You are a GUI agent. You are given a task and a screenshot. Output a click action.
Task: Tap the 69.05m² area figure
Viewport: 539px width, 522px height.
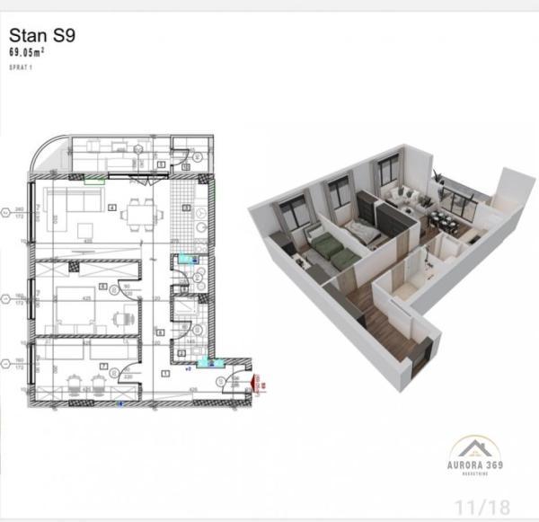(x=27, y=53)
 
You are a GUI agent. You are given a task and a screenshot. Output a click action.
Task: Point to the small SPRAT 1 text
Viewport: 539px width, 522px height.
(x=21, y=67)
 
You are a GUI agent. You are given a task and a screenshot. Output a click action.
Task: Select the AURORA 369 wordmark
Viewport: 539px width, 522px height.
(x=476, y=464)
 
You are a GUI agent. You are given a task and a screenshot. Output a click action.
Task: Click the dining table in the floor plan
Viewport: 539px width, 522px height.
(x=138, y=212)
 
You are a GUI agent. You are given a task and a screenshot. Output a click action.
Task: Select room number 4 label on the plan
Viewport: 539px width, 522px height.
(x=112, y=208)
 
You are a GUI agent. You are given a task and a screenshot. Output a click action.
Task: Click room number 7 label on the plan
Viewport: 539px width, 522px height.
(x=105, y=366)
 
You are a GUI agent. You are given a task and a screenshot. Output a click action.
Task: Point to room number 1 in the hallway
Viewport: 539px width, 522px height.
(x=165, y=373)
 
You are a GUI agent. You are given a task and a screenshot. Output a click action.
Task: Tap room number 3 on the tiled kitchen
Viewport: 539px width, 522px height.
(x=184, y=208)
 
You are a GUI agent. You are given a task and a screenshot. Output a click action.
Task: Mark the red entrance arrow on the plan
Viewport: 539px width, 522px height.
(x=256, y=384)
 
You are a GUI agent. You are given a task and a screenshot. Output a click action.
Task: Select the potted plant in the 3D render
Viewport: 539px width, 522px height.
(x=441, y=183)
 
